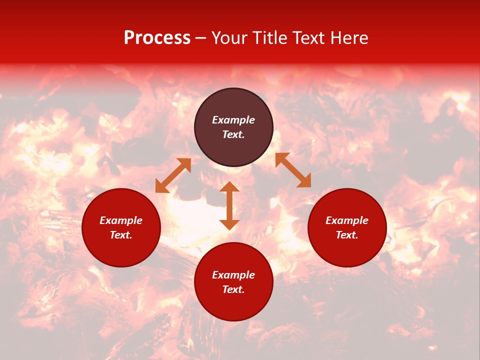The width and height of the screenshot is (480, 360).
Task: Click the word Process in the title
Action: point(157,38)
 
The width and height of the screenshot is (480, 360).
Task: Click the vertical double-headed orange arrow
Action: point(229,206)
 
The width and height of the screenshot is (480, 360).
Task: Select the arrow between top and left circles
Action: point(173,175)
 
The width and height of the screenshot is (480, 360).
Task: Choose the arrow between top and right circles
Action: point(293,170)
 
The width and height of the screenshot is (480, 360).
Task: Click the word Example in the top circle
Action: point(233,120)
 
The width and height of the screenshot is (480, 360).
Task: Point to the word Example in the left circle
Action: point(121,220)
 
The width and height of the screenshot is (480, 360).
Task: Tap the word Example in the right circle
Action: point(347,220)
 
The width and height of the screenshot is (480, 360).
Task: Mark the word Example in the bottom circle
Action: point(233,275)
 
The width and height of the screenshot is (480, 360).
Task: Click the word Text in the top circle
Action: point(233,134)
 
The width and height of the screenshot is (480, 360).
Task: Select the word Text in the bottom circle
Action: point(233,289)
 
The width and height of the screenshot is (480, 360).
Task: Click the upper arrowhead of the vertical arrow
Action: point(229,186)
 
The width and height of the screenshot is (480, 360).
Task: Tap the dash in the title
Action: point(201,38)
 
